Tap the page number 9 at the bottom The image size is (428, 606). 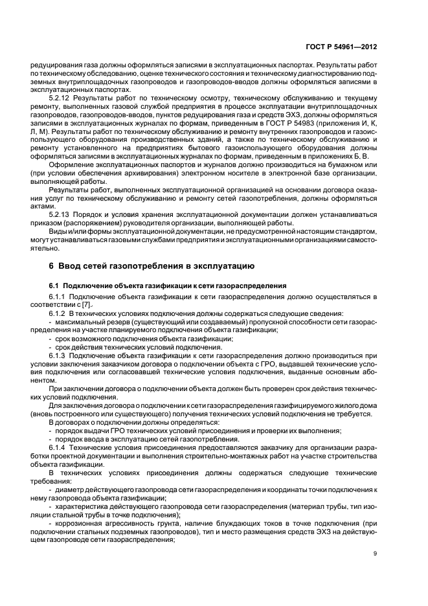pos(375,553)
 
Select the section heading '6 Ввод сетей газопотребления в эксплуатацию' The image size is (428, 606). pos(152,265)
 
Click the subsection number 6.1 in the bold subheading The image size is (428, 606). pos(54,286)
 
